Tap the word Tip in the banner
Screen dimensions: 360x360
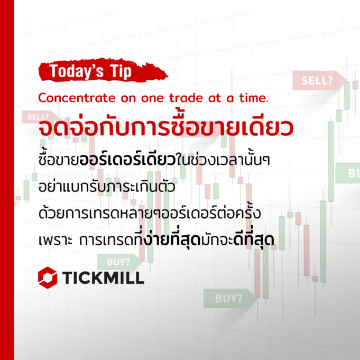point(122,71)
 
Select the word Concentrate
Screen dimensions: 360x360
point(77,98)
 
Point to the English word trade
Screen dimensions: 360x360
point(186,98)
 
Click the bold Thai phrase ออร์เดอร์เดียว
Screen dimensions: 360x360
point(127,159)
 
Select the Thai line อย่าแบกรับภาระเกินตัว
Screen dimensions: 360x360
point(107,187)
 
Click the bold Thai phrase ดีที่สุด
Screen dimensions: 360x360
point(254,239)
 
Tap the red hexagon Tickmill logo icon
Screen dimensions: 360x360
point(48,278)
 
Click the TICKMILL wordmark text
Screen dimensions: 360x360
point(103,278)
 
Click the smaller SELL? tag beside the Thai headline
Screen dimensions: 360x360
point(40,117)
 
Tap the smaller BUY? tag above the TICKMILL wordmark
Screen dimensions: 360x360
point(119,262)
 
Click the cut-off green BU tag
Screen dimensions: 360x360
point(348,173)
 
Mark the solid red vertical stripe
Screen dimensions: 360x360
point(7,180)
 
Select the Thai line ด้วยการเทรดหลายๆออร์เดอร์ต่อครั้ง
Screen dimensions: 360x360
point(150,213)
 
